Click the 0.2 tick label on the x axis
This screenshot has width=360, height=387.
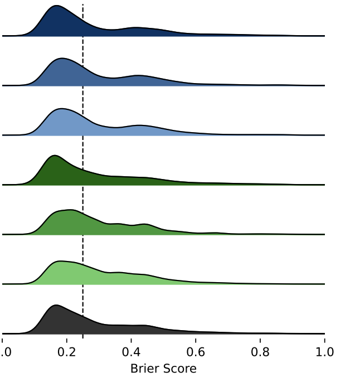coord(67,352)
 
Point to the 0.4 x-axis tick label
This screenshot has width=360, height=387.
coord(131,352)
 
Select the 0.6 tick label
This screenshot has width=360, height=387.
coord(196,352)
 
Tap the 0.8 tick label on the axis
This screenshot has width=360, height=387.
coord(260,352)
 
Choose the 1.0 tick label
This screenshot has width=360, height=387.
coord(324,352)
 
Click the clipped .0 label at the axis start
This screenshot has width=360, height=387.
coord(5,352)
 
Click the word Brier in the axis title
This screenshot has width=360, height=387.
coord(143,369)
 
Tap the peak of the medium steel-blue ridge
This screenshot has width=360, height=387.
coord(61,58)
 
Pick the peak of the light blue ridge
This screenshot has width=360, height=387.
coord(62,108)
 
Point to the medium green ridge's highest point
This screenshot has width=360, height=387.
coord(70,210)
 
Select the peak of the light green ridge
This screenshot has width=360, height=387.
coord(60,261)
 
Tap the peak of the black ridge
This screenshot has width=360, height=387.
coord(55,305)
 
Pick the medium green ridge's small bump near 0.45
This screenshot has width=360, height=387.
coord(146,224)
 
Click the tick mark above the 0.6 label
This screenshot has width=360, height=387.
coord(196,336)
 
